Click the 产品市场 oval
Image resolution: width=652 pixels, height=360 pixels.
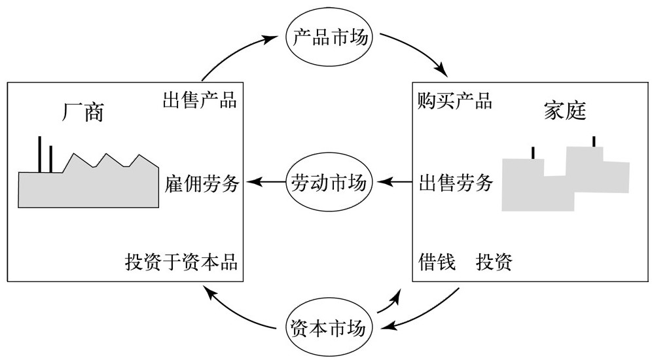click(x=329, y=38)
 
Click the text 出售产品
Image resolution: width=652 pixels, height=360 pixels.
click(x=199, y=101)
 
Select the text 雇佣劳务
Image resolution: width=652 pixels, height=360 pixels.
click(x=202, y=183)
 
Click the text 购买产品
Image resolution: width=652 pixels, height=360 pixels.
click(x=455, y=101)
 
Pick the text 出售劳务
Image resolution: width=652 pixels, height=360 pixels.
click(x=456, y=183)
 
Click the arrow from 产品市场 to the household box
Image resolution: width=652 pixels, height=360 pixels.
click(x=419, y=49)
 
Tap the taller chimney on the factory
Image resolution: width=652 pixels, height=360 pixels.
click(x=40, y=154)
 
